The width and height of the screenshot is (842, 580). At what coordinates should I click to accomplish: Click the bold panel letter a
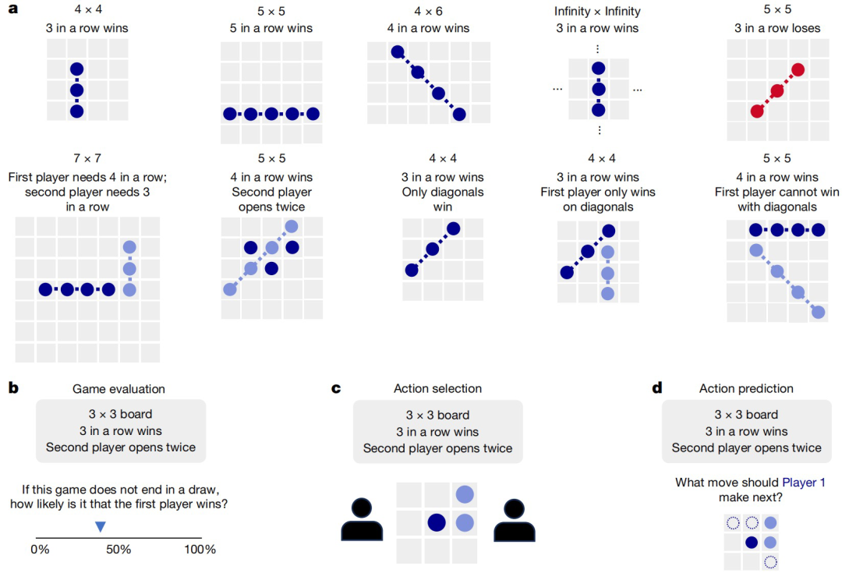click(x=13, y=9)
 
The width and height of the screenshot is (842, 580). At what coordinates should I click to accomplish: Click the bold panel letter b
click(x=13, y=387)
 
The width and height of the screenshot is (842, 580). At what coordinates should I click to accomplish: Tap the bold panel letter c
click(x=336, y=388)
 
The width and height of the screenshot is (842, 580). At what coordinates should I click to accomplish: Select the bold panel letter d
click(x=657, y=387)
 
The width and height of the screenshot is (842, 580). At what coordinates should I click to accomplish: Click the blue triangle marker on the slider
click(x=101, y=527)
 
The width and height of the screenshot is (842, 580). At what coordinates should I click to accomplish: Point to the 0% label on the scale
click(x=41, y=550)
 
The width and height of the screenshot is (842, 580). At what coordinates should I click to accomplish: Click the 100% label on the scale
click(x=200, y=550)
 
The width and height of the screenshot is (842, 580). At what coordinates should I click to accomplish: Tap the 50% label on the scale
click(x=119, y=550)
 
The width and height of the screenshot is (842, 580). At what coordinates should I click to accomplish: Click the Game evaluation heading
click(x=119, y=389)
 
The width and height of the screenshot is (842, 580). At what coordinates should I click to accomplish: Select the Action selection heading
click(x=437, y=388)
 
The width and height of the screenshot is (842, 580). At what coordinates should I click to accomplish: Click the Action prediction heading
click(x=746, y=388)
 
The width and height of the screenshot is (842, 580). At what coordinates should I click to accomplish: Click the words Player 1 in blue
click(x=803, y=483)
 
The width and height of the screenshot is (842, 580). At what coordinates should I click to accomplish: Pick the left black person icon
click(x=362, y=519)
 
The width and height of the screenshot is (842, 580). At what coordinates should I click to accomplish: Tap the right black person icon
click(x=515, y=519)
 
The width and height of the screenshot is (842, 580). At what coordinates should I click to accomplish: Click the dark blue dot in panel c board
click(x=437, y=522)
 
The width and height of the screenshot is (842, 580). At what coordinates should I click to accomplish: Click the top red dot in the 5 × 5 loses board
click(x=798, y=70)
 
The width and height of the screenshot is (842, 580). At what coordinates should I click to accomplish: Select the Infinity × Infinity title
click(x=597, y=11)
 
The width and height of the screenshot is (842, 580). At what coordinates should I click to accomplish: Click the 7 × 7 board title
click(x=87, y=158)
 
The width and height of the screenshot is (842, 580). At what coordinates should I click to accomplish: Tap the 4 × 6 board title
click(x=428, y=11)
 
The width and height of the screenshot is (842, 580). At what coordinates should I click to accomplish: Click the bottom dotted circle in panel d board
click(x=770, y=562)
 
